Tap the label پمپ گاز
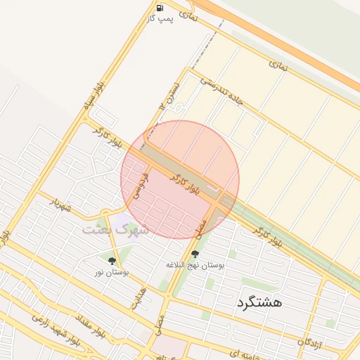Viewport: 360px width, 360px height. pyautogui.click(x=160, y=18)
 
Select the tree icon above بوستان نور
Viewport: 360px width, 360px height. pyautogui.click(x=112, y=261)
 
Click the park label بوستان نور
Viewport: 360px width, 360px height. pyautogui.click(x=112, y=272)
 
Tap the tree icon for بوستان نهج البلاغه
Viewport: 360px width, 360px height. pyautogui.click(x=195, y=254)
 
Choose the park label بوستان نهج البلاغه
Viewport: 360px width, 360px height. pyautogui.click(x=195, y=265)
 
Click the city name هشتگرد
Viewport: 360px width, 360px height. pyautogui.click(x=260, y=302)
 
